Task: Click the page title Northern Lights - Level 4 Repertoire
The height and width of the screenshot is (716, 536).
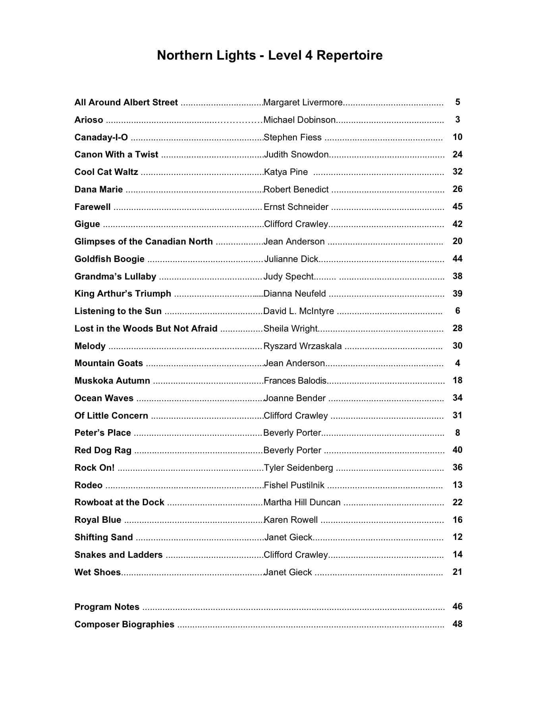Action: point(270,55)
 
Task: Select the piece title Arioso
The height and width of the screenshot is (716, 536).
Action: point(89,120)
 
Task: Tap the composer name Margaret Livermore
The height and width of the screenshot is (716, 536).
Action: point(303,103)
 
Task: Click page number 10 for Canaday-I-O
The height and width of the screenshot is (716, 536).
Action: point(457,137)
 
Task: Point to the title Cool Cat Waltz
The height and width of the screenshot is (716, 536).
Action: point(106,172)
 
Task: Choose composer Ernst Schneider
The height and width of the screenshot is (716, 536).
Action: point(296,207)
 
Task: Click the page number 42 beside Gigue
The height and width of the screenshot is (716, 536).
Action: point(457,224)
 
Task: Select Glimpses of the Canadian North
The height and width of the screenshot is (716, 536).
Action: point(143,242)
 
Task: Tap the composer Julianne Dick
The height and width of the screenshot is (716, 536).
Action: point(291,259)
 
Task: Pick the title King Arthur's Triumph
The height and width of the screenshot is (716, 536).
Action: point(123,294)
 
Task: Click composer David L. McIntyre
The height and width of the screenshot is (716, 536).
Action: point(299,311)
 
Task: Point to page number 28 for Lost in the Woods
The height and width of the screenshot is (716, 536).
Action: point(457,328)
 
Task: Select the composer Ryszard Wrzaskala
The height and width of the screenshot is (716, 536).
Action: point(303,346)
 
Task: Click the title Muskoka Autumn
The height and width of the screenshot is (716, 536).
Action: point(112,381)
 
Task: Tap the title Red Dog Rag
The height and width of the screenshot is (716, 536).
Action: point(103,450)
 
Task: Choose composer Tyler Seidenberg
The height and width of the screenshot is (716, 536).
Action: point(298,468)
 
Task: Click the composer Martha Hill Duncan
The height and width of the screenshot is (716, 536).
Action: point(302,503)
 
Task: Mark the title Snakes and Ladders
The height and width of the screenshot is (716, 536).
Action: point(118,555)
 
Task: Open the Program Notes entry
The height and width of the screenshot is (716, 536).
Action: point(107,607)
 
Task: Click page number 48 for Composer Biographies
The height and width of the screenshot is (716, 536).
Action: point(457,624)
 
